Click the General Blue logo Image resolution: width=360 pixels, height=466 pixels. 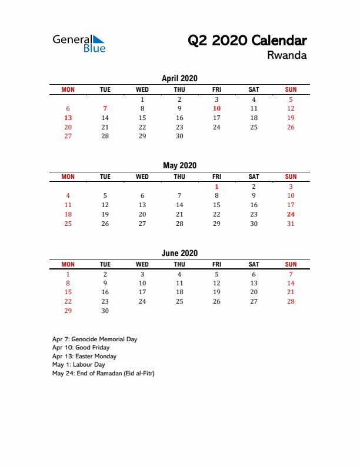click(79, 43)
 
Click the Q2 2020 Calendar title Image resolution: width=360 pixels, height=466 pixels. click(247, 41)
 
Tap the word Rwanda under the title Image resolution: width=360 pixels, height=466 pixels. click(286, 56)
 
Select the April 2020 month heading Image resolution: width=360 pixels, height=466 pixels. click(179, 78)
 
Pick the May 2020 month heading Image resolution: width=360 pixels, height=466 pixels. click(179, 165)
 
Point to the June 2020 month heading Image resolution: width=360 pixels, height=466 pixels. click(179, 253)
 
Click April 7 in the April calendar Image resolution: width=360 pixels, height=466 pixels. click(105, 108)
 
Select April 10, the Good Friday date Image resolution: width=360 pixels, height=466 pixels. click(216, 108)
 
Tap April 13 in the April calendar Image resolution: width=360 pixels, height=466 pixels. click(68, 118)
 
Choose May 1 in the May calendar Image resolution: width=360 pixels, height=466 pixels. click(216, 187)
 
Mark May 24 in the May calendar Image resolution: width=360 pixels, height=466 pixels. click(291, 214)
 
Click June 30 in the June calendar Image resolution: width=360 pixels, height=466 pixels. click(105, 311)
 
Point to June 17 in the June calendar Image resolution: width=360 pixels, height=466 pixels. click(142, 292)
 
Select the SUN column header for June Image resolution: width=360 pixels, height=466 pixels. click(291, 264)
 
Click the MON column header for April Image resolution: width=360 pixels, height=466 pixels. click(68, 89)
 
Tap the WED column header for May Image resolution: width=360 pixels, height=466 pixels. click(142, 177)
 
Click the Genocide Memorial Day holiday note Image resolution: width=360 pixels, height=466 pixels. click(95, 339)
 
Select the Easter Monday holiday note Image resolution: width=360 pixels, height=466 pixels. click(84, 356)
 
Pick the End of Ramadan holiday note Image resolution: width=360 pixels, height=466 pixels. click(103, 373)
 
